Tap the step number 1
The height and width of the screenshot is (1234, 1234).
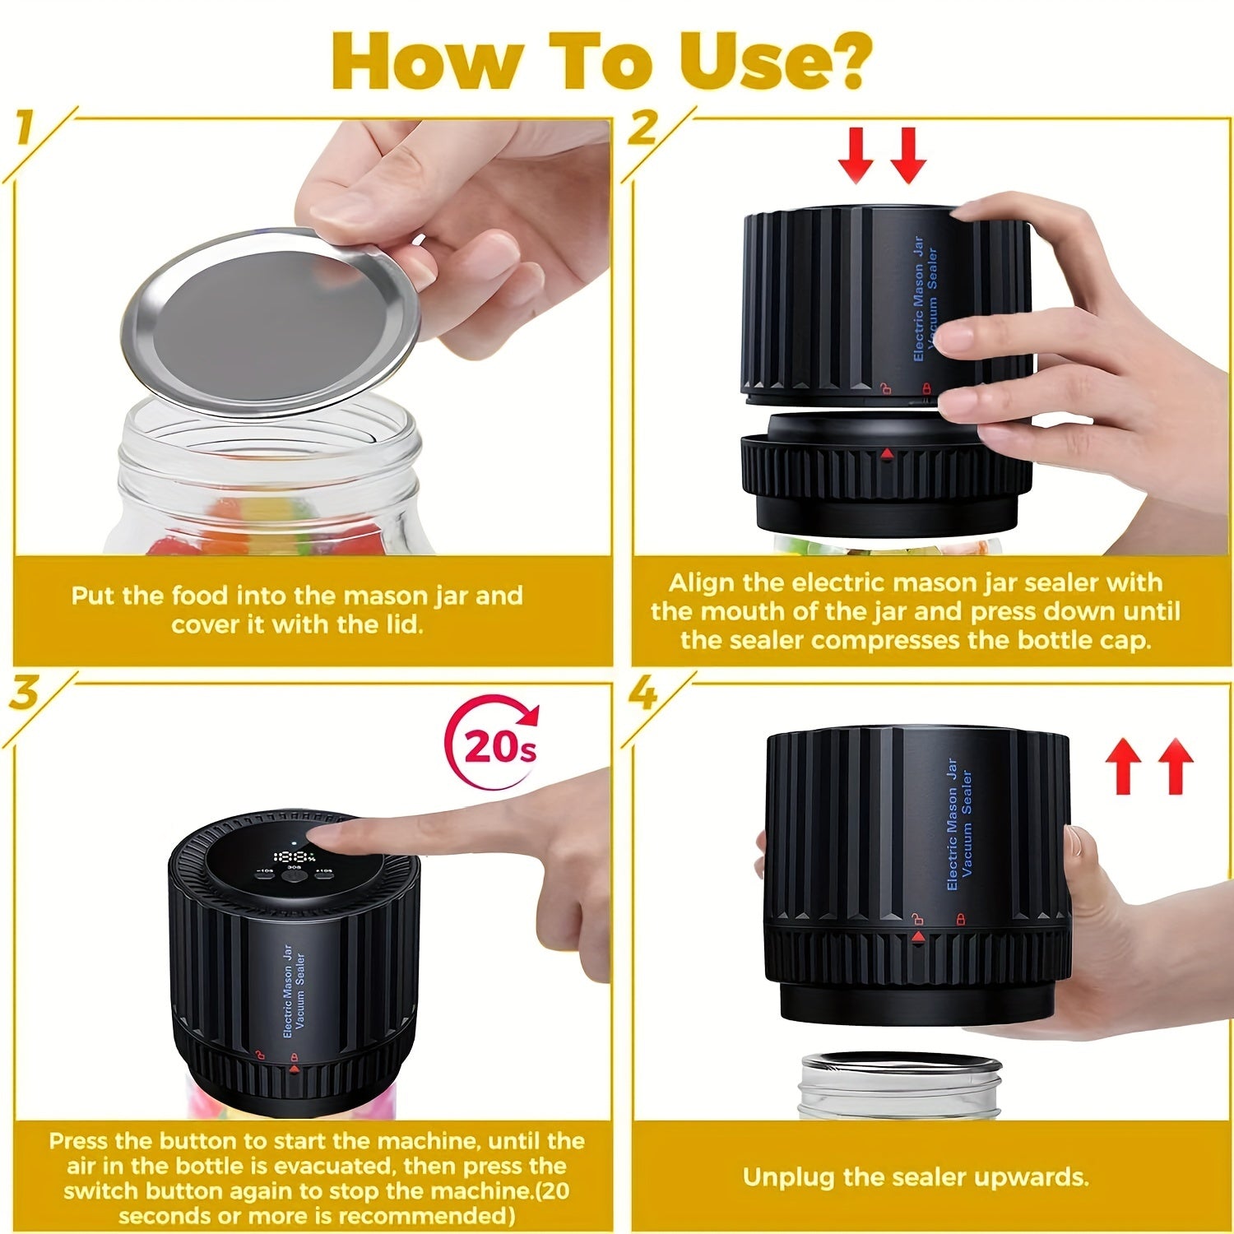point(26,130)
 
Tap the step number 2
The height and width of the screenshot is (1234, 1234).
point(642,130)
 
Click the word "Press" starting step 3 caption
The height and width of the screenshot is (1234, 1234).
point(77,1141)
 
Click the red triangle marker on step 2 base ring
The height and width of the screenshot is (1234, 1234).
point(886,453)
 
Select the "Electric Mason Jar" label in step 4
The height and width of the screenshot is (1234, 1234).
point(952,823)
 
